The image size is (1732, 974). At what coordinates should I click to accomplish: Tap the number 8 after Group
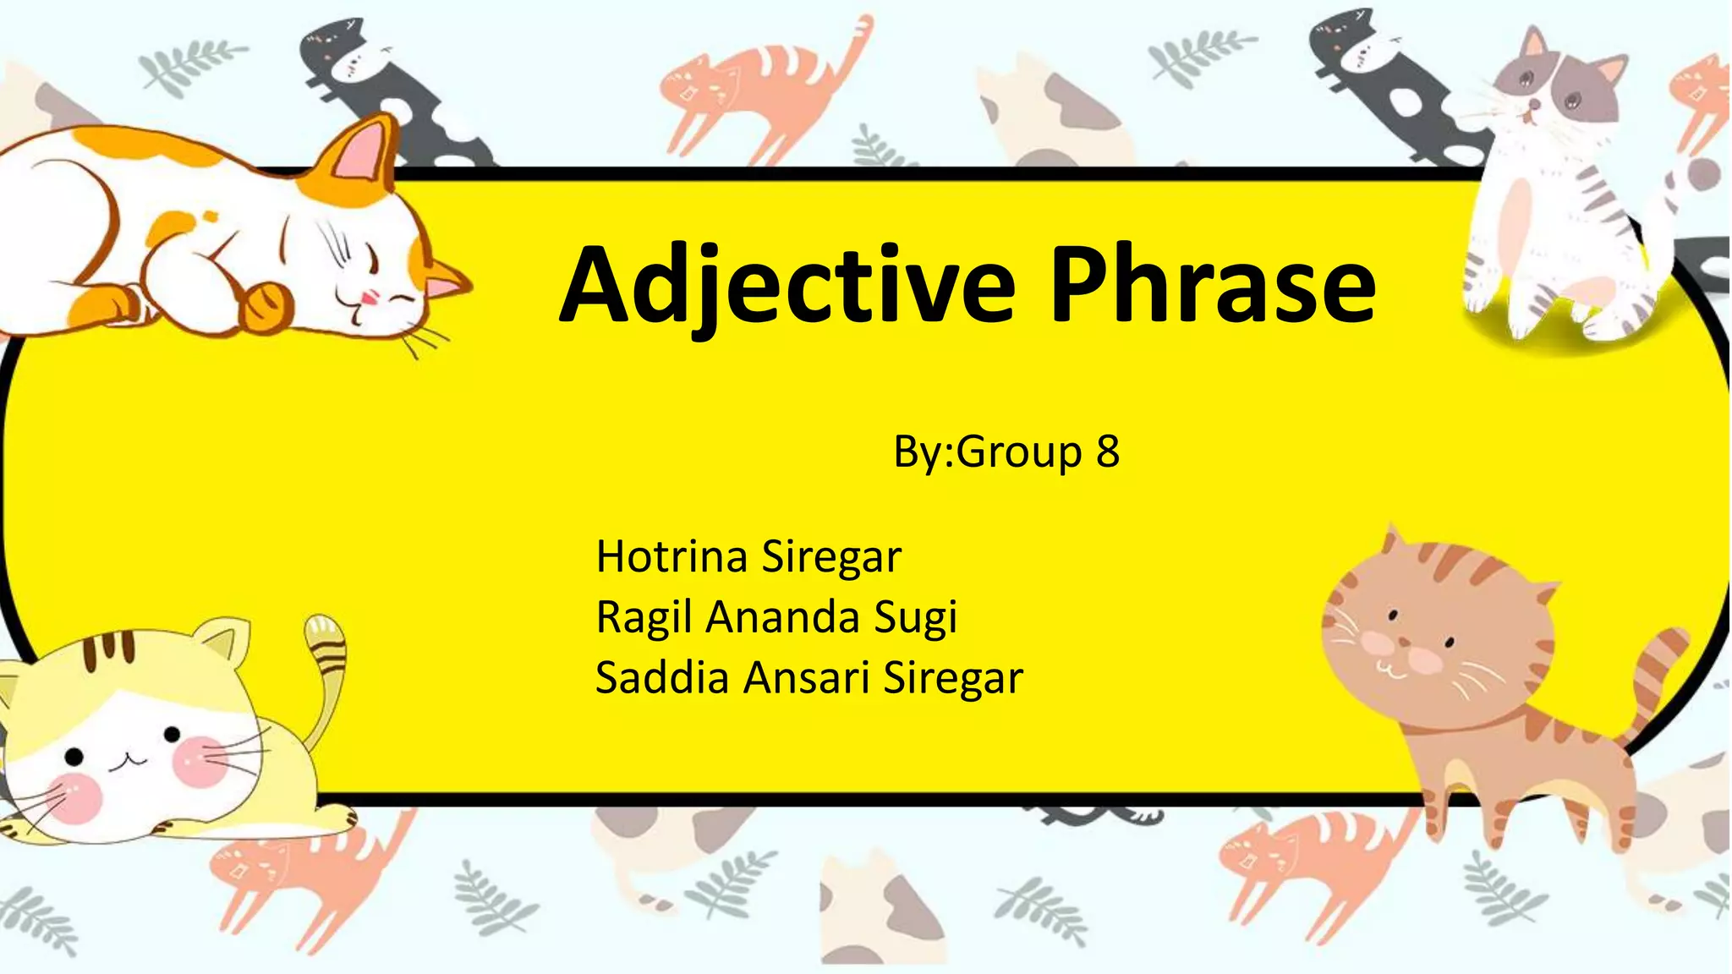click(1108, 451)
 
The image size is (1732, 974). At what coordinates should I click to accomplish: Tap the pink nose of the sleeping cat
click(370, 297)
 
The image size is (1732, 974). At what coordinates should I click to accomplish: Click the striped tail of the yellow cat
click(326, 668)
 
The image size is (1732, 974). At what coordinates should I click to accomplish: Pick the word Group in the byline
click(1019, 453)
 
